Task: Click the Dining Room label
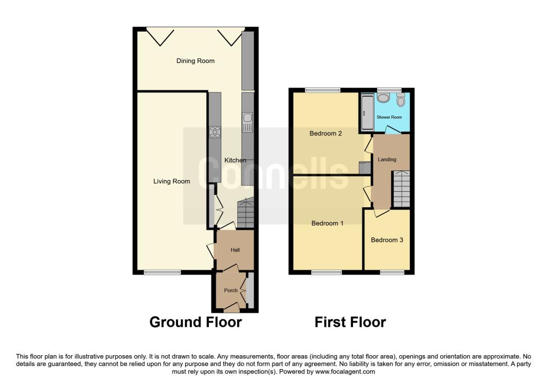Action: click(x=196, y=61)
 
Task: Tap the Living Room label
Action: click(x=171, y=182)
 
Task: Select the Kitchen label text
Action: click(x=235, y=160)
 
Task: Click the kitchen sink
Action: click(x=248, y=123)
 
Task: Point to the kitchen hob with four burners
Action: click(x=215, y=132)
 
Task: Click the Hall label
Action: click(x=235, y=250)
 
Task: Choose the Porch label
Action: click(x=231, y=290)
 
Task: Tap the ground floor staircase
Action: click(x=246, y=213)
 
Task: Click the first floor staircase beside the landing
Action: click(x=402, y=190)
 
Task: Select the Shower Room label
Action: click(x=389, y=117)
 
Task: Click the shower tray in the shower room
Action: click(x=367, y=112)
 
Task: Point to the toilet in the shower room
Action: click(x=401, y=100)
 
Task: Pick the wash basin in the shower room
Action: click(x=384, y=98)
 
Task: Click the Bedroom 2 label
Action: click(x=325, y=133)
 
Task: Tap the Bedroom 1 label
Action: click(x=327, y=223)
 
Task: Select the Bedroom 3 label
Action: click(x=387, y=240)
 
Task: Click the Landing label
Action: click(x=387, y=159)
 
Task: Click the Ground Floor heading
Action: click(x=196, y=322)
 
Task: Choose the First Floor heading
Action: click(x=350, y=322)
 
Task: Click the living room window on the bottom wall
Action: click(x=162, y=272)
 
